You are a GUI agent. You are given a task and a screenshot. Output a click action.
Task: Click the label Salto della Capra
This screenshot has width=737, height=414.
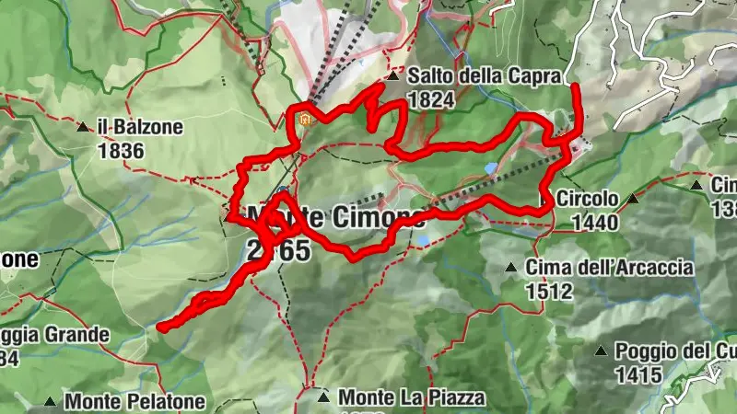pos(484,77)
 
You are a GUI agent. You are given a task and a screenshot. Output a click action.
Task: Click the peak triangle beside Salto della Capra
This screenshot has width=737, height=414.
pos(393,76)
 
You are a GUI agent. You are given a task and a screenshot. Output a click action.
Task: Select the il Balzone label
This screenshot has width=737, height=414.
pos(142,127)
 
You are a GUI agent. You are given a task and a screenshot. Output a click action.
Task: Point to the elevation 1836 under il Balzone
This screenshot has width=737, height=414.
pos(120,149)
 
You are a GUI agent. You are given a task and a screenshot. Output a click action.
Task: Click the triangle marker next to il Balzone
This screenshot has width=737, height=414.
pos(83,127)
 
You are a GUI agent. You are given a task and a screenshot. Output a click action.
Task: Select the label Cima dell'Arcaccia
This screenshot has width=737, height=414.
pos(610,268)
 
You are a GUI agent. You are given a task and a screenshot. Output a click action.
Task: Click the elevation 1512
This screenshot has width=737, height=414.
pos(550,291)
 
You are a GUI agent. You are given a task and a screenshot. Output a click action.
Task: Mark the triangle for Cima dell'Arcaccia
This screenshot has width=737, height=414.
pos(510,268)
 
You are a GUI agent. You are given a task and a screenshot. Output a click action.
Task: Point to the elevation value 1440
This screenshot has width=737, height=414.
pos(594,222)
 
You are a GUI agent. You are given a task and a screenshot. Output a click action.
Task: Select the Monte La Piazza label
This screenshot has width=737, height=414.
pos(411,397)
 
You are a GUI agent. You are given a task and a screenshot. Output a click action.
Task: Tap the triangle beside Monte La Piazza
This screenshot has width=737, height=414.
pos(322,397)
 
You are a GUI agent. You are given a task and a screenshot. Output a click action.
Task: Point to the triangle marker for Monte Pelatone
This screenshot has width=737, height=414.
pos(50,402)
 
